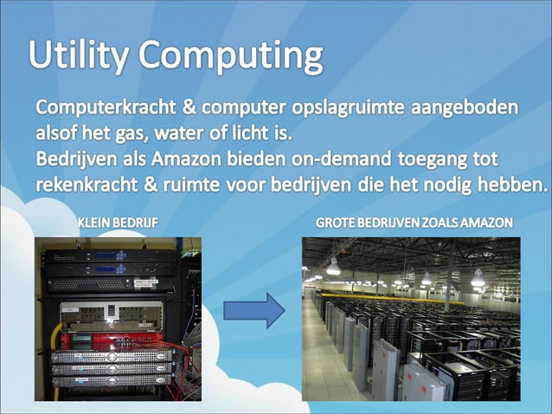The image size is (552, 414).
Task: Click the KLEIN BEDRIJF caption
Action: [x=118, y=223]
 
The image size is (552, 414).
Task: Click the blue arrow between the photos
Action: [x=253, y=309]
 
